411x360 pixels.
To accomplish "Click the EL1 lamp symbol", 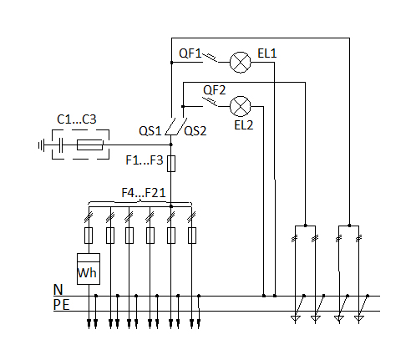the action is click(x=241, y=63).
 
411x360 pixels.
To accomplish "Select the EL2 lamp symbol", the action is click(x=241, y=106).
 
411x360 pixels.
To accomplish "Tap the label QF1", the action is click(x=190, y=53).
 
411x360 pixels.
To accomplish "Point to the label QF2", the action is click(x=214, y=90).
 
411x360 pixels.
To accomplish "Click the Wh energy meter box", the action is click(x=89, y=269).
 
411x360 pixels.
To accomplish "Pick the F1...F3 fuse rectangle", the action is click(x=171, y=164).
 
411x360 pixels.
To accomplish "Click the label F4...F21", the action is click(x=144, y=193).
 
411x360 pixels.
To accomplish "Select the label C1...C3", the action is click(x=77, y=119).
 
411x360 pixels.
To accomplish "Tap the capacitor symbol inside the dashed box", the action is click(x=61, y=145).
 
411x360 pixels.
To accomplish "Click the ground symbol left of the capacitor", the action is click(x=41, y=145).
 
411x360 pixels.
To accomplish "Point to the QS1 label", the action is click(x=150, y=131).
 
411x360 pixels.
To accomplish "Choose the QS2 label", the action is click(x=195, y=131).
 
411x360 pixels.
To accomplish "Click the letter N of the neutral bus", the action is click(x=58, y=290).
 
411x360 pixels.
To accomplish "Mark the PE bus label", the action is click(x=61, y=305).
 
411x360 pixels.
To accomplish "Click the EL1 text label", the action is click(x=267, y=53).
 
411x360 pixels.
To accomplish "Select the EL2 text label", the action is click(x=244, y=125).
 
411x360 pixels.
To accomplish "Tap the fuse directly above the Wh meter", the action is click(x=89, y=236).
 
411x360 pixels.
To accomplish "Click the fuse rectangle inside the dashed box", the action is click(x=89, y=145).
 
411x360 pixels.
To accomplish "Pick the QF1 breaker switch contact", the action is click(x=210, y=58).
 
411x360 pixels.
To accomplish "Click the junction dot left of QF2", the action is click(x=183, y=106).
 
